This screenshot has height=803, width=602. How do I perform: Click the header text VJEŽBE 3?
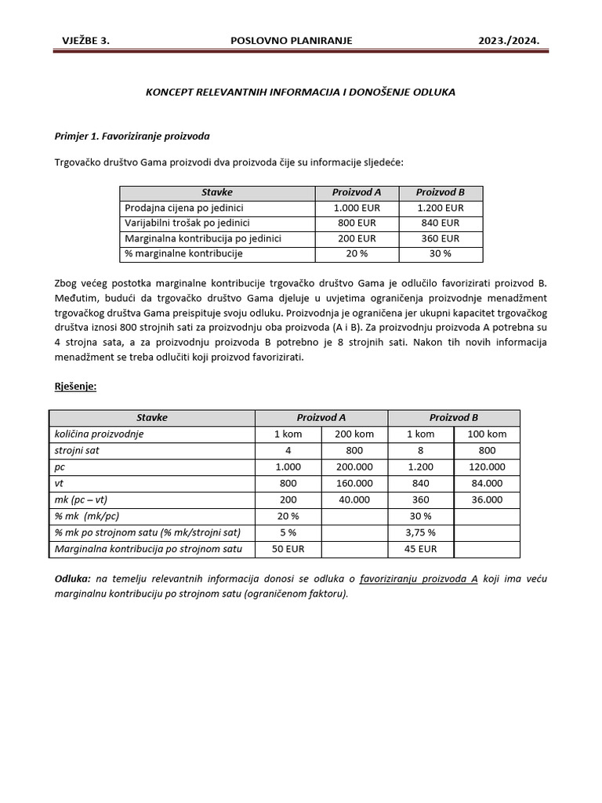click(86, 40)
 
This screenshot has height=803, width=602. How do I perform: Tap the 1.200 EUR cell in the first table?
click(440, 208)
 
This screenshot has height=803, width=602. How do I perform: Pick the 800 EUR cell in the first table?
click(356, 223)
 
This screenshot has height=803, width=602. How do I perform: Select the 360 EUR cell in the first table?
click(440, 238)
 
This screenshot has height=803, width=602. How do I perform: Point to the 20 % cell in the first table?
click(356, 253)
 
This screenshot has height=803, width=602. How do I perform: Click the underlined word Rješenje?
click(76, 387)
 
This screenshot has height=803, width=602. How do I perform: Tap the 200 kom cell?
click(354, 434)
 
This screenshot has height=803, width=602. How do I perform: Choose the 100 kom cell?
click(487, 434)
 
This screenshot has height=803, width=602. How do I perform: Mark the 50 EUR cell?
click(288, 549)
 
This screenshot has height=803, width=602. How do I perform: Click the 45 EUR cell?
click(421, 549)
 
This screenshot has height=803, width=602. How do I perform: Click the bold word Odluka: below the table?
click(73, 579)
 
